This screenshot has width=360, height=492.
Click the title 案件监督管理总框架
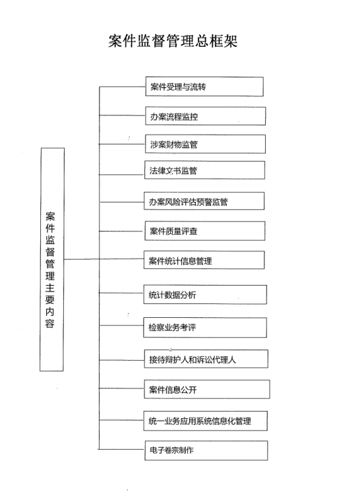(173, 41)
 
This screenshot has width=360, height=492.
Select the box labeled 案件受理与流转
(204, 86)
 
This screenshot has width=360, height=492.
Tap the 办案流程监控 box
(206, 116)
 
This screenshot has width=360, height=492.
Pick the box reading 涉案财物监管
(205, 144)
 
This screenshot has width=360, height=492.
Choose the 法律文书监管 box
(204, 170)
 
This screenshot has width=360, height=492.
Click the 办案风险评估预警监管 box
(204, 200)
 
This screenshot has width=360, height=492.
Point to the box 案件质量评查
(205, 231)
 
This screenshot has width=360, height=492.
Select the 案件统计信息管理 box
(204, 260)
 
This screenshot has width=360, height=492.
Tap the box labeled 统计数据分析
(205, 294)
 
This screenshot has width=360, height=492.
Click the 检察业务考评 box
(205, 327)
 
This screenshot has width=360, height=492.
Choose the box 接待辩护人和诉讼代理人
(206, 359)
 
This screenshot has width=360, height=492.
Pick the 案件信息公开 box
(207, 389)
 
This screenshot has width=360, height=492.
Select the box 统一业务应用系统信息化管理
(206, 421)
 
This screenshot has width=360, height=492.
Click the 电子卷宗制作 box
(206, 450)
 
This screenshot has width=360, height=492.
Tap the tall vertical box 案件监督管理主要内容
(52, 259)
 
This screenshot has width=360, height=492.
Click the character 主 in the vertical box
(50, 288)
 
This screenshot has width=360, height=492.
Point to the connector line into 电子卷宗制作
(122, 449)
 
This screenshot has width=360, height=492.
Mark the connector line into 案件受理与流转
(122, 86)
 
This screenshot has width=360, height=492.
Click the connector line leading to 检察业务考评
(121, 325)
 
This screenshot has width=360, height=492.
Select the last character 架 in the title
(231, 41)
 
